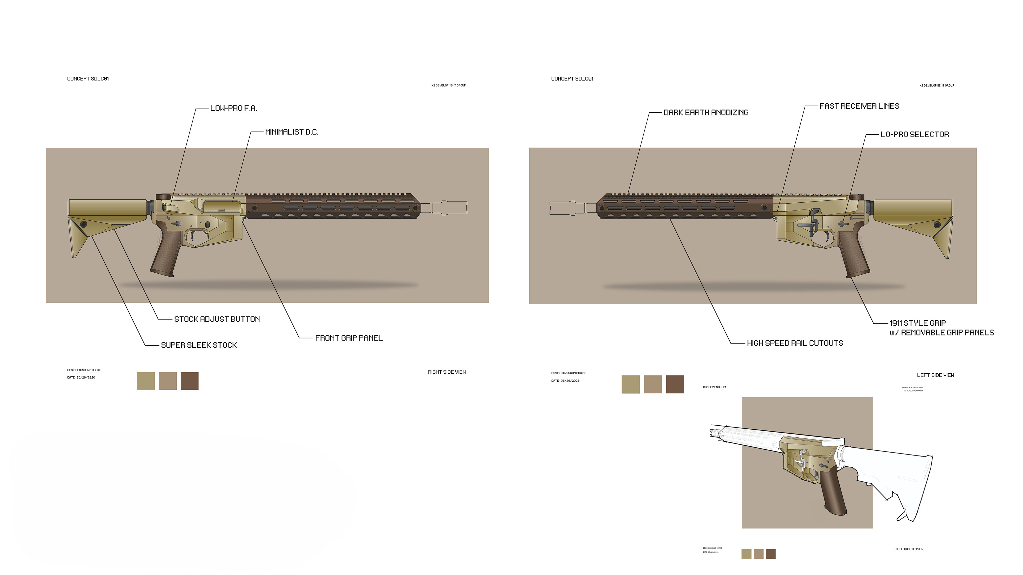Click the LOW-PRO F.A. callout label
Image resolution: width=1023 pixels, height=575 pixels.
click(234, 108)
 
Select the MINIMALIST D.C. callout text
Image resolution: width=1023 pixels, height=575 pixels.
click(291, 132)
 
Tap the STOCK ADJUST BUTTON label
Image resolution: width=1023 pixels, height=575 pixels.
click(217, 319)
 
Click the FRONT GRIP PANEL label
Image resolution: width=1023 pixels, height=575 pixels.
click(349, 338)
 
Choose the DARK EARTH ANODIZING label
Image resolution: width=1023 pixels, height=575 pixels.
click(706, 113)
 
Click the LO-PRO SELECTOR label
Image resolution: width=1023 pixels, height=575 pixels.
click(914, 134)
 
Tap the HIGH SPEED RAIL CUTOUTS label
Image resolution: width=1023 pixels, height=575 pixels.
click(795, 343)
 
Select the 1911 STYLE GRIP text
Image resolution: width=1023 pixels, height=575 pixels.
click(917, 323)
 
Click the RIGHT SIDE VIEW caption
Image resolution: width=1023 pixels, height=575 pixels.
click(447, 372)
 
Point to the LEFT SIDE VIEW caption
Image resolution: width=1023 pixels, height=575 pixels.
click(935, 375)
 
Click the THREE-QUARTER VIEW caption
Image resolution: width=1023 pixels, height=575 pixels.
click(908, 549)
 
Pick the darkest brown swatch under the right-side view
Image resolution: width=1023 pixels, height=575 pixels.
click(189, 381)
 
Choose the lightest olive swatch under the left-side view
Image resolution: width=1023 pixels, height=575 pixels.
click(630, 384)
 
